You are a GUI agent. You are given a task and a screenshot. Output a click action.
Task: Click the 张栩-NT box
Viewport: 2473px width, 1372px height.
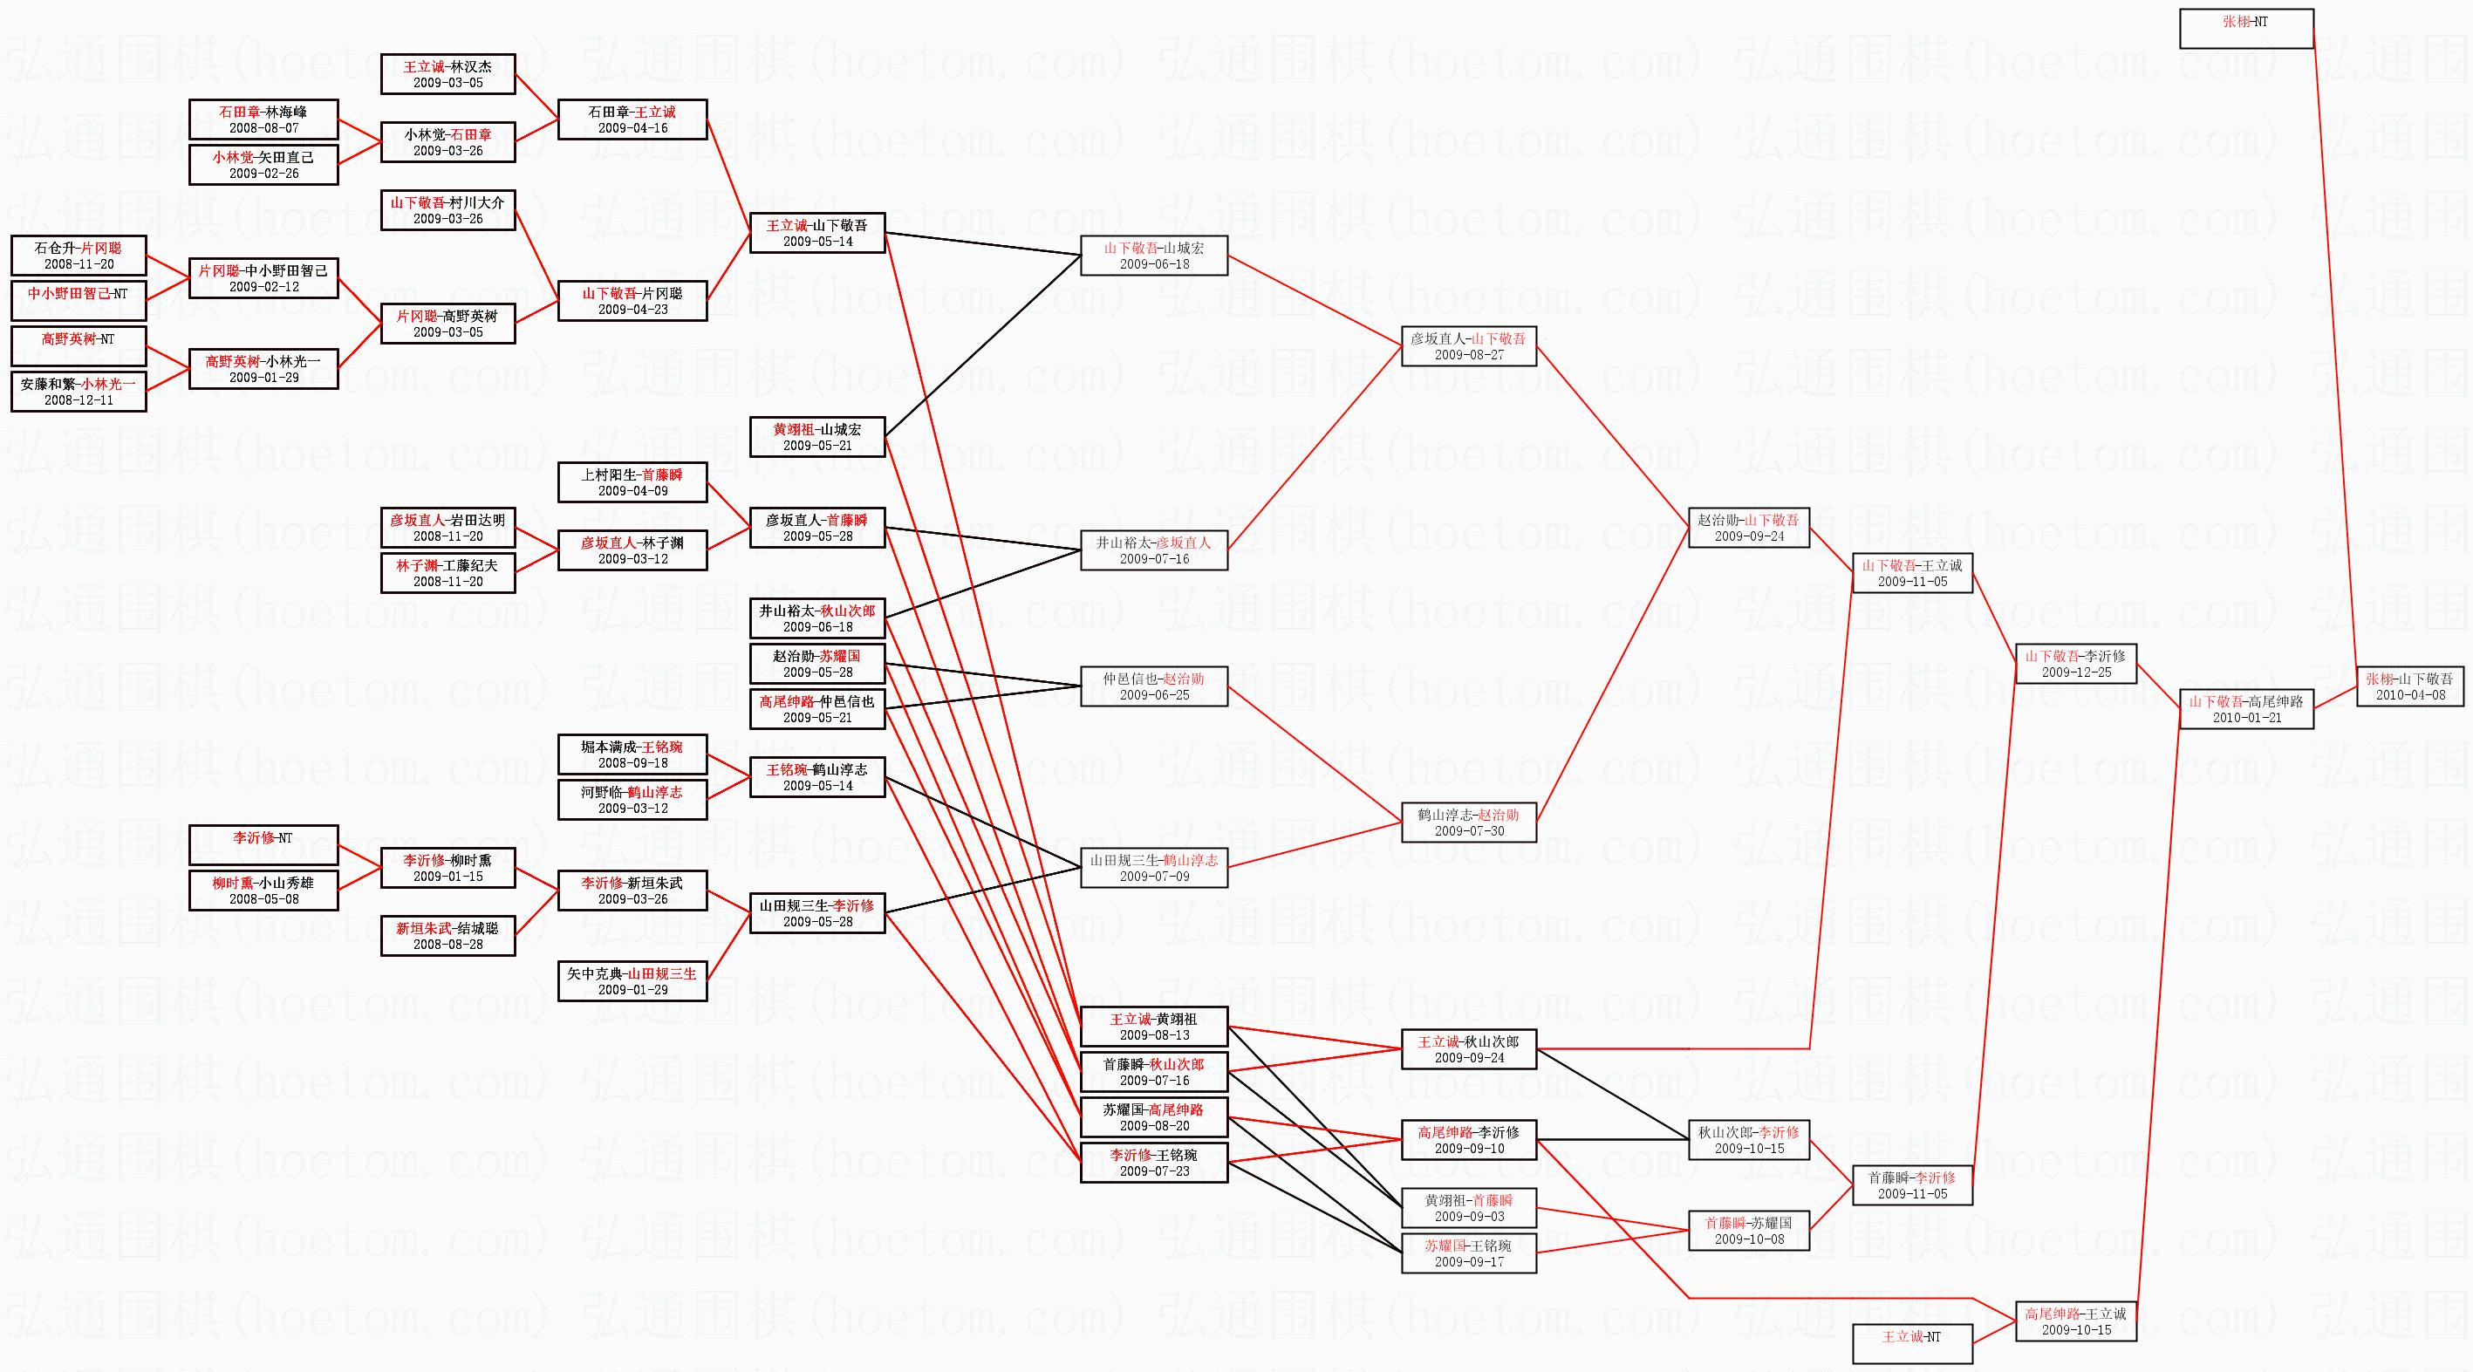(x=2245, y=29)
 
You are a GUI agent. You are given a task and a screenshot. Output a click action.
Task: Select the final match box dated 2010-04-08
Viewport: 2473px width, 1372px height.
(x=2409, y=686)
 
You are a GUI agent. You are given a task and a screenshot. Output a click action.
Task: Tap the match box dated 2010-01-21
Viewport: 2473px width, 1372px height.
(x=2245, y=709)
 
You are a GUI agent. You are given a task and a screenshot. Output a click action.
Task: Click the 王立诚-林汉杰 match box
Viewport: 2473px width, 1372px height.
(x=447, y=74)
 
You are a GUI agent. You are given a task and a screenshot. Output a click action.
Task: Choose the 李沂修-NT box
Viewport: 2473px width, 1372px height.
(x=263, y=845)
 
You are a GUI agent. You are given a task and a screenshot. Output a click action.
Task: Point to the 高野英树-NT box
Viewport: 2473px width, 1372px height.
(x=79, y=346)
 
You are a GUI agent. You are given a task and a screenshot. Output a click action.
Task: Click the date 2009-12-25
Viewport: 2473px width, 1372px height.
(x=2075, y=672)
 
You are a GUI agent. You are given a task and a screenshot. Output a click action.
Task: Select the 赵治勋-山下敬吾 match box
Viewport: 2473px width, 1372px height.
(x=1748, y=528)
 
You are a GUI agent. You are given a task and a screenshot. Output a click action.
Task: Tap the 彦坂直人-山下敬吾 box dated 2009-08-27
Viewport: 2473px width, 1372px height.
(x=1468, y=346)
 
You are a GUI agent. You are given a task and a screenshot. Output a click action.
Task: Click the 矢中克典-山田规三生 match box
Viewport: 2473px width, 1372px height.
(x=632, y=981)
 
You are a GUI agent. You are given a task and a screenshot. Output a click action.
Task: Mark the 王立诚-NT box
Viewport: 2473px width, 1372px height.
(x=1911, y=1343)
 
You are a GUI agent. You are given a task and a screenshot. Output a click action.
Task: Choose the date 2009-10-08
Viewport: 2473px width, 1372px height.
(x=1748, y=1239)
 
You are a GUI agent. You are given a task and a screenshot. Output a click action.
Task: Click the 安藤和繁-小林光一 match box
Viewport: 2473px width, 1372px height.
(x=79, y=392)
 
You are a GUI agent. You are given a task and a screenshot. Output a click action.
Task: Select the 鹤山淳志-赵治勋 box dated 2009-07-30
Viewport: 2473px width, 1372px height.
(x=1468, y=823)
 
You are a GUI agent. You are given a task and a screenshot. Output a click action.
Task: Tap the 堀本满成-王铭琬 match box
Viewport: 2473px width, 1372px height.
(x=632, y=754)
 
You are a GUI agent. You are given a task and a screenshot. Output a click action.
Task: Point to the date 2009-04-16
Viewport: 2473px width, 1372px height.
(x=632, y=127)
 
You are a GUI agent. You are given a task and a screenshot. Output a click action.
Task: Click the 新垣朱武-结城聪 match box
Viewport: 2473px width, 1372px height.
(x=447, y=936)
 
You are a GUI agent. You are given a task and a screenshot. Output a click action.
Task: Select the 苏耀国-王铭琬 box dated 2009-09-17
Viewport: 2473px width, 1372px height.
(x=1468, y=1254)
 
